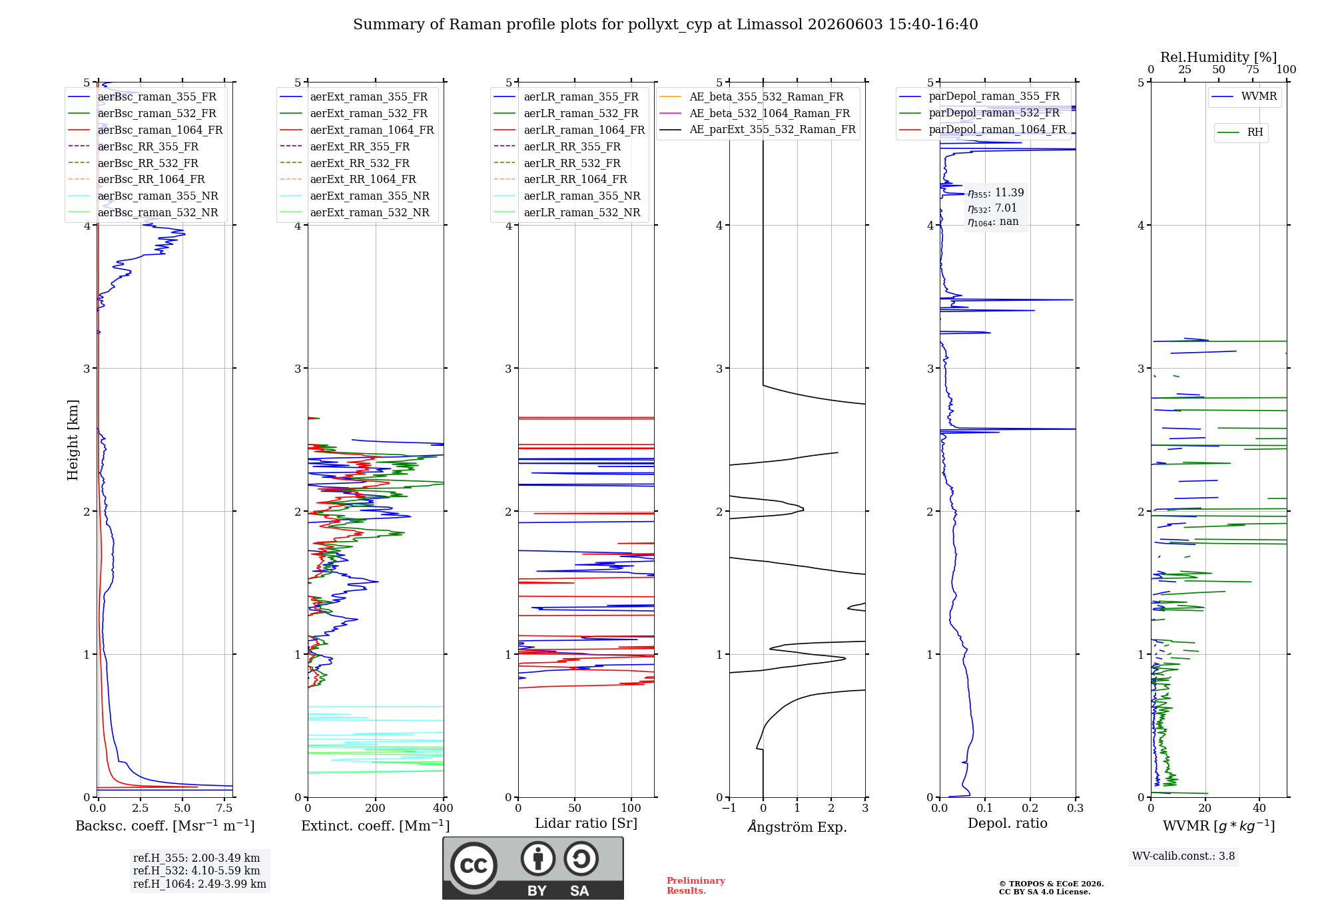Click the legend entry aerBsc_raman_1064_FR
145,130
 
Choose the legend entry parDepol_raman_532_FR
979,113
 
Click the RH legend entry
1240,132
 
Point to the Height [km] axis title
73,440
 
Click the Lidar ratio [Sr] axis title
586,823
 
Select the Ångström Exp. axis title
797,826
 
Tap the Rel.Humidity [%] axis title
1219,57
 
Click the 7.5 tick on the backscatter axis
224,808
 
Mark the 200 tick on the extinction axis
376,808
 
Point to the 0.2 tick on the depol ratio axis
1030,808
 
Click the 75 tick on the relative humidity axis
1253,69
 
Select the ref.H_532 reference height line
196,870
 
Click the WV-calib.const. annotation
1183,856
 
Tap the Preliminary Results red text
696,886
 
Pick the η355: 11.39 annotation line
996,193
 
